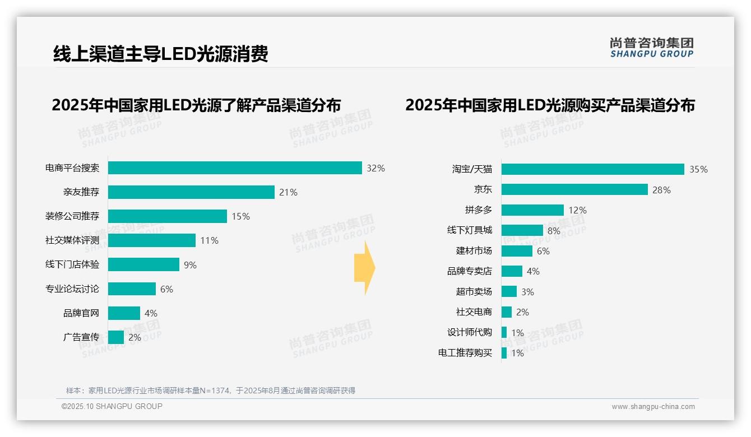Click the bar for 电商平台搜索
pos(235,168)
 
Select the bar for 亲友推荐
pos(191,192)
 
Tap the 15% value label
pos(240,216)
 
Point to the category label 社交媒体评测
pos(72,240)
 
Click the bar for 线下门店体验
pos(143,264)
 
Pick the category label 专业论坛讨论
pos(72,289)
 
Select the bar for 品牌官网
pos(124,313)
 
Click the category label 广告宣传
pos(81,337)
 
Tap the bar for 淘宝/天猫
pos(592,169)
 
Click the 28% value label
pos(661,190)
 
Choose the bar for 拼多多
pos(532,210)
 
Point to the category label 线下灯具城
pos(469,230)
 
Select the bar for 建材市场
pos(517,251)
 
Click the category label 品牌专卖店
pos(469,271)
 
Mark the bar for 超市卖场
pos(509,291)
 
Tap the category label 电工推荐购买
pos(465,353)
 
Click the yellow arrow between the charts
pos(364,268)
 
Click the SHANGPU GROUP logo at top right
pos(652,48)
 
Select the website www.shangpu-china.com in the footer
pos(653,407)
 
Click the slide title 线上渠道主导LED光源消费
pos(160,54)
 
